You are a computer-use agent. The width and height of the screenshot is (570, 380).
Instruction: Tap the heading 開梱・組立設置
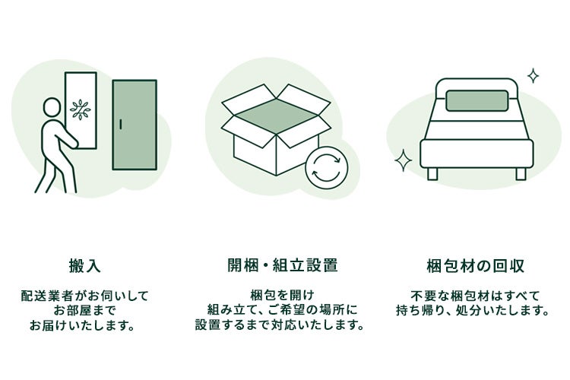pyautogui.click(x=282, y=265)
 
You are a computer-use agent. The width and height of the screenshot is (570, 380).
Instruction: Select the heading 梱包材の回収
pyautogui.click(x=475, y=265)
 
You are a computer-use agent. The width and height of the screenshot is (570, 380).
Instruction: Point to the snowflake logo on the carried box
pyautogui.click(x=80, y=109)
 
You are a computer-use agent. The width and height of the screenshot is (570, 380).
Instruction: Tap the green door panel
pyautogui.click(x=135, y=125)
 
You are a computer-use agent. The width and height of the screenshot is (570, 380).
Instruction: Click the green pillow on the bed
pyautogui.click(x=476, y=101)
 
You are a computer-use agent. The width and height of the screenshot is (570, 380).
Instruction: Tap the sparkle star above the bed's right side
pyautogui.click(x=533, y=75)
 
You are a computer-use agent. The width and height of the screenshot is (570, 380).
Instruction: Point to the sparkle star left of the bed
pyautogui.click(x=404, y=160)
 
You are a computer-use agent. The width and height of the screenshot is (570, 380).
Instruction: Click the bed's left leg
pyautogui.click(x=432, y=174)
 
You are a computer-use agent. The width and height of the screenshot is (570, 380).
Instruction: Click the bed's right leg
pyautogui.click(x=521, y=174)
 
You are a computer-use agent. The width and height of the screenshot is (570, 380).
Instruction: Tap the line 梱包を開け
pyautogui.click(x=282, y=295)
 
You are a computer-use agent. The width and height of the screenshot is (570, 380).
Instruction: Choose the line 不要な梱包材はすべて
pyautogui.click(x=475, y=295)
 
